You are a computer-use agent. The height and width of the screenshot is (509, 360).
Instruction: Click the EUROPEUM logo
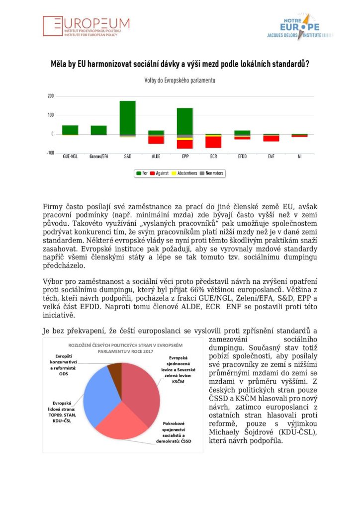86,27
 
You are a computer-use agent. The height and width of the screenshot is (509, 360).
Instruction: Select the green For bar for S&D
127,117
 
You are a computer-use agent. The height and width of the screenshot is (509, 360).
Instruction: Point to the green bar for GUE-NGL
70,130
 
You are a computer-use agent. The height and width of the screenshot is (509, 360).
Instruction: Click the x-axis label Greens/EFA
98,156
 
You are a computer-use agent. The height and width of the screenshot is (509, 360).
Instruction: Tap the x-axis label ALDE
156,156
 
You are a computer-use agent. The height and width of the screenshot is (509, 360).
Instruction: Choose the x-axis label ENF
271,156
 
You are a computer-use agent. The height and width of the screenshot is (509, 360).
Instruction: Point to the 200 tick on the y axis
50,96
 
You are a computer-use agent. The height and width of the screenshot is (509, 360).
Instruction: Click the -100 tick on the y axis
49,153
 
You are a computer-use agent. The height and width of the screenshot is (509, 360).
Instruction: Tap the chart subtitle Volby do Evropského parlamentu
180,80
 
